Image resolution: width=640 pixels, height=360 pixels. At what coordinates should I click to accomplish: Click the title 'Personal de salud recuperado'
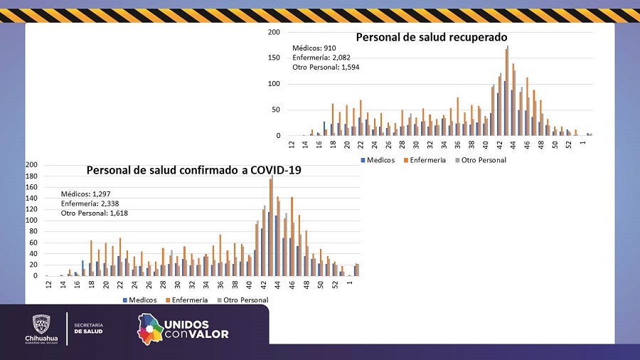(431, 37)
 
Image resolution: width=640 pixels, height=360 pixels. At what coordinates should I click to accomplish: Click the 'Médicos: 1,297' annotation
(85, 194)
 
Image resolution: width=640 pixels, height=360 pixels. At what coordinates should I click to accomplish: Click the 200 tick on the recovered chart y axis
(274, 32)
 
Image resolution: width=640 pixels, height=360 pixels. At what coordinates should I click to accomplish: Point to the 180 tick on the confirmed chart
(31, 175)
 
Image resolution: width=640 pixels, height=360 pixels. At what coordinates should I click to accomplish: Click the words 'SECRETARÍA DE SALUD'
(88, 327)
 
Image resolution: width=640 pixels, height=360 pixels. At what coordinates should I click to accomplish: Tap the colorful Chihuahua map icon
(149, 329)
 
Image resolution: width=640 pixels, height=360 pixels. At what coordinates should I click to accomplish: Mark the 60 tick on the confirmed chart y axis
(33, 243)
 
